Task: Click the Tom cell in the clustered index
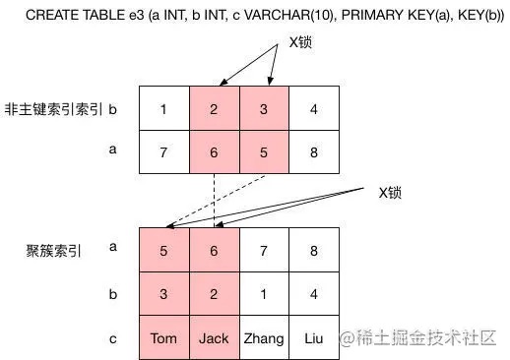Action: (164, 337)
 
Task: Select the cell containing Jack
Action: (214, 337)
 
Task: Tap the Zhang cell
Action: (264, 337)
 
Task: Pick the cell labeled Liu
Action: (314, 337)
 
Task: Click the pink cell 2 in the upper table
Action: (214, 107)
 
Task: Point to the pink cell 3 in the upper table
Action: (264, 107)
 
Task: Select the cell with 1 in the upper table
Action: (164, 107)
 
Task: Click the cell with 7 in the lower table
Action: (264, 250)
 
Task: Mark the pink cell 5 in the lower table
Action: (164, 250)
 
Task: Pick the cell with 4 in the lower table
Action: (314, 293)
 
